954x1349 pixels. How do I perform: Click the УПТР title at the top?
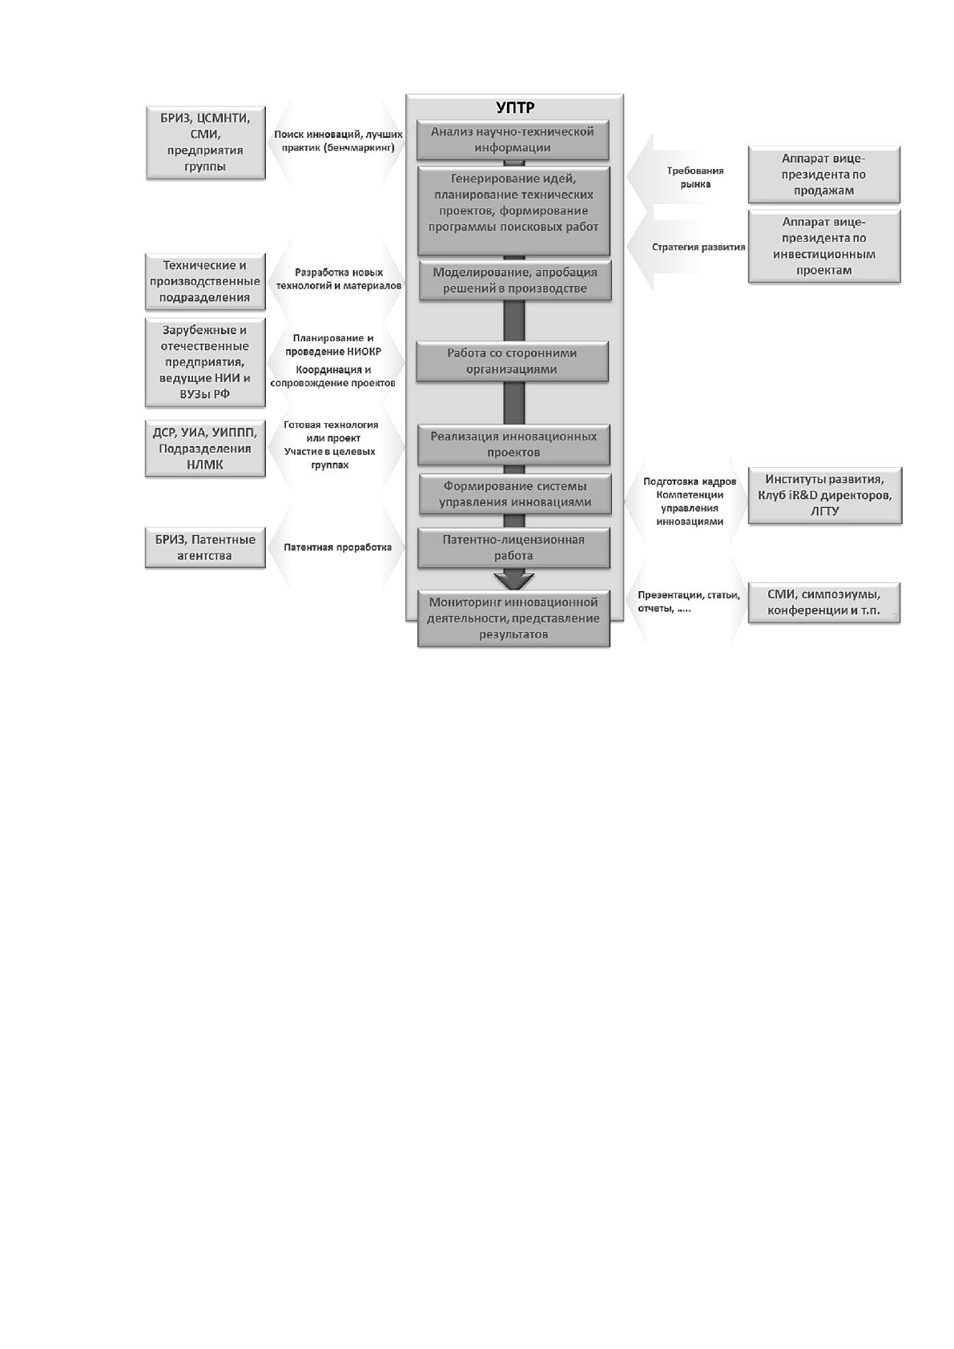pyautogui.click(x=515, y=107)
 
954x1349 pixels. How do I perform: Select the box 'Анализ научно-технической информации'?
pyautogui.click(x=513, y=139)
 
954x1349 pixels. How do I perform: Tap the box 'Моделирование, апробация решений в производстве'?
pyautogui.click(x=515, y=280)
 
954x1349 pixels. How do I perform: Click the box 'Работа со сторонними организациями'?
pyautogui.click(x=512, y=361)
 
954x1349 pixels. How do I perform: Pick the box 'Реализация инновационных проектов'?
pyautogui.click(x=513, y=445)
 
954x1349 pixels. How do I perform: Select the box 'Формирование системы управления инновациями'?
pyautogui.click(x=515, y=494)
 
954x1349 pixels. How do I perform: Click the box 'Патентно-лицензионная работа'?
pyautogui.click(x=513, y=548)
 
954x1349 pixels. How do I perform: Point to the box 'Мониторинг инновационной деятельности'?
pyautogui.click(x=513, y=618)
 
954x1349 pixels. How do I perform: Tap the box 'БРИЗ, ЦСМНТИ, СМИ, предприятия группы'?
pyautogui.click(x=205, y=143)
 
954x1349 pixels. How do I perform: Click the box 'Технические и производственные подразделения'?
pyautogui.click(x=205, y=282)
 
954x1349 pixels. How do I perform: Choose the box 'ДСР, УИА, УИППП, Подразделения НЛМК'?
pyautogui.click(x=205, y=449)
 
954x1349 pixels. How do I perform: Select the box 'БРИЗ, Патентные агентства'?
pyautogui.click(x=205, y=548)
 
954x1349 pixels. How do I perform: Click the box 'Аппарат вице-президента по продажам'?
pyautogui.click(x=824, y=175)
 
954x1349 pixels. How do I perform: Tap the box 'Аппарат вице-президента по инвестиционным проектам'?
pyautogui.click(x=824, y=246)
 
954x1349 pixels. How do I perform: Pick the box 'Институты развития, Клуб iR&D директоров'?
pyautogui.click(x=824, y=496)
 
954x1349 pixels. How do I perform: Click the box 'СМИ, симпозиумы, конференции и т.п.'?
pyautogui.click(x=824, y=603)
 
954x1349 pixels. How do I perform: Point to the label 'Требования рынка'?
pyautogui.click(x=695, y=178)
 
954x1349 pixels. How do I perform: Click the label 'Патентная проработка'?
pyautogui.click(x=338, y=547)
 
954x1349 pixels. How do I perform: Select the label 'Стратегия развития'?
pyautogui.click(x=698, y=247)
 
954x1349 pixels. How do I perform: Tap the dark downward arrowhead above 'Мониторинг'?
pyautogui.click(x=513, y=580)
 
